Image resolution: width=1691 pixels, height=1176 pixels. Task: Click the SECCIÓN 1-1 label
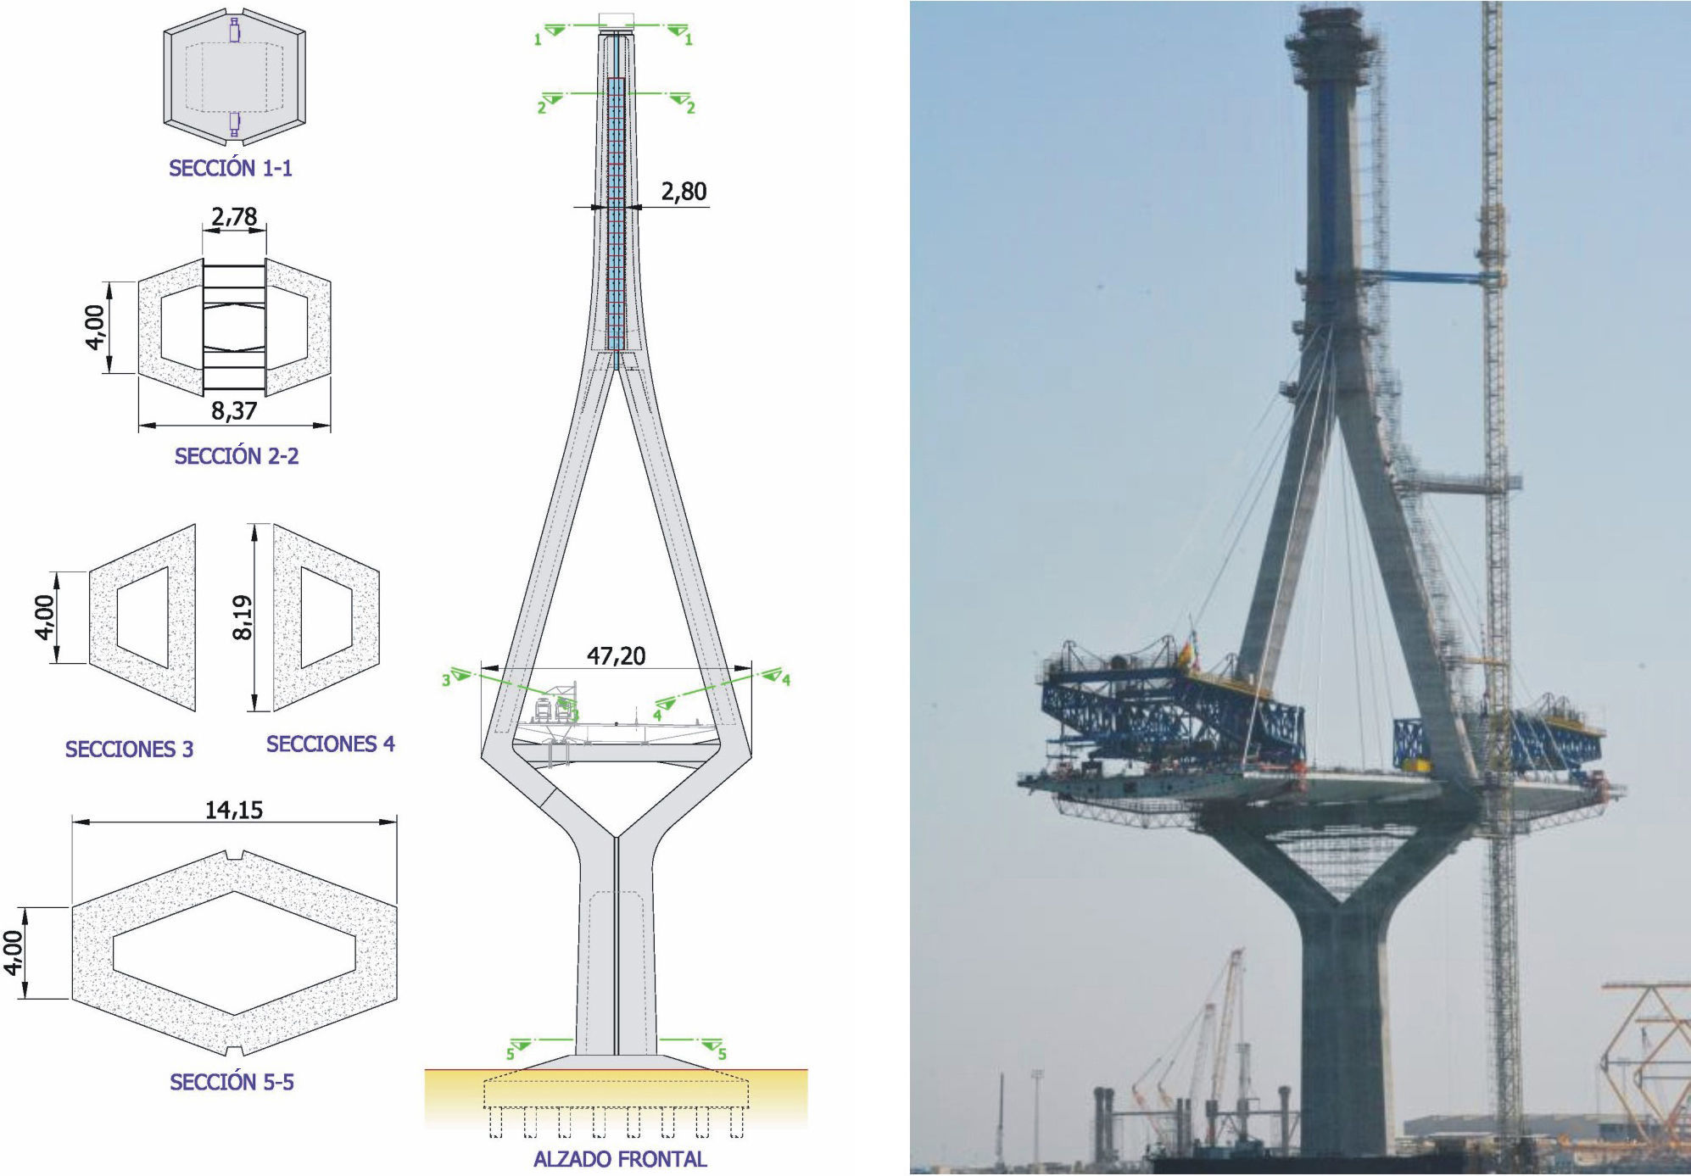[x=231, y=168]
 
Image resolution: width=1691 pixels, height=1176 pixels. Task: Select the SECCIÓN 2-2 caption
[x=237, y=456]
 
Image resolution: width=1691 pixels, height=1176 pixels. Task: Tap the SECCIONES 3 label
[x=129, y=749]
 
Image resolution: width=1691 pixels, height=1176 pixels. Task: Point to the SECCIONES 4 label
[x=331, y=744]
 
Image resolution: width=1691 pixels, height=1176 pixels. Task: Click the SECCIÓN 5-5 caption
[x=232, y=1082]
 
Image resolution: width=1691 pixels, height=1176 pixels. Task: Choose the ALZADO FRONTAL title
[x=620, y=1159]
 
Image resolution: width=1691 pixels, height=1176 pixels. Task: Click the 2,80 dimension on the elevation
[x=684, y=192]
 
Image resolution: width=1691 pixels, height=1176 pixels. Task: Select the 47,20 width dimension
[x=616, y=655]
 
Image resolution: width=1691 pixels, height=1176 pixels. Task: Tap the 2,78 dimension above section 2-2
[x=234, y=217]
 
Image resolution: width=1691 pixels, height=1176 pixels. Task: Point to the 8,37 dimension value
[x=234, y=411]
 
